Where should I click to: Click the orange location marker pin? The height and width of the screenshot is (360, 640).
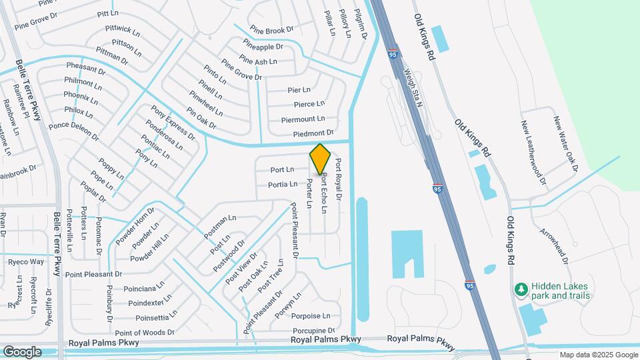[x=320, y=159]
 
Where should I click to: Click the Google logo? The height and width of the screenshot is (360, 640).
[x=23, y=351]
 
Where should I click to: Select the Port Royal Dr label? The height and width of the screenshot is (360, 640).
[x=338, y=179]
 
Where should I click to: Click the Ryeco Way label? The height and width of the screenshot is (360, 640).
[x=26, y=261]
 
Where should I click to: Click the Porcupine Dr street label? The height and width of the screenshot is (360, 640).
[x=313, y=331]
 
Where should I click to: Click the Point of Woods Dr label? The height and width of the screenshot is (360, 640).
[x=145, y=332]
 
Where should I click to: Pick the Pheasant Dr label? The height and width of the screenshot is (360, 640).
[x=85, y=69]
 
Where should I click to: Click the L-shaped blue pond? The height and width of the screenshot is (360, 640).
[x=407, y=253]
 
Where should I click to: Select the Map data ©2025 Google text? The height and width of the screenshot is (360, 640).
[x=598, y=355]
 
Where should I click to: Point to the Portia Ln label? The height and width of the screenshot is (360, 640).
[x=283, y=185]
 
